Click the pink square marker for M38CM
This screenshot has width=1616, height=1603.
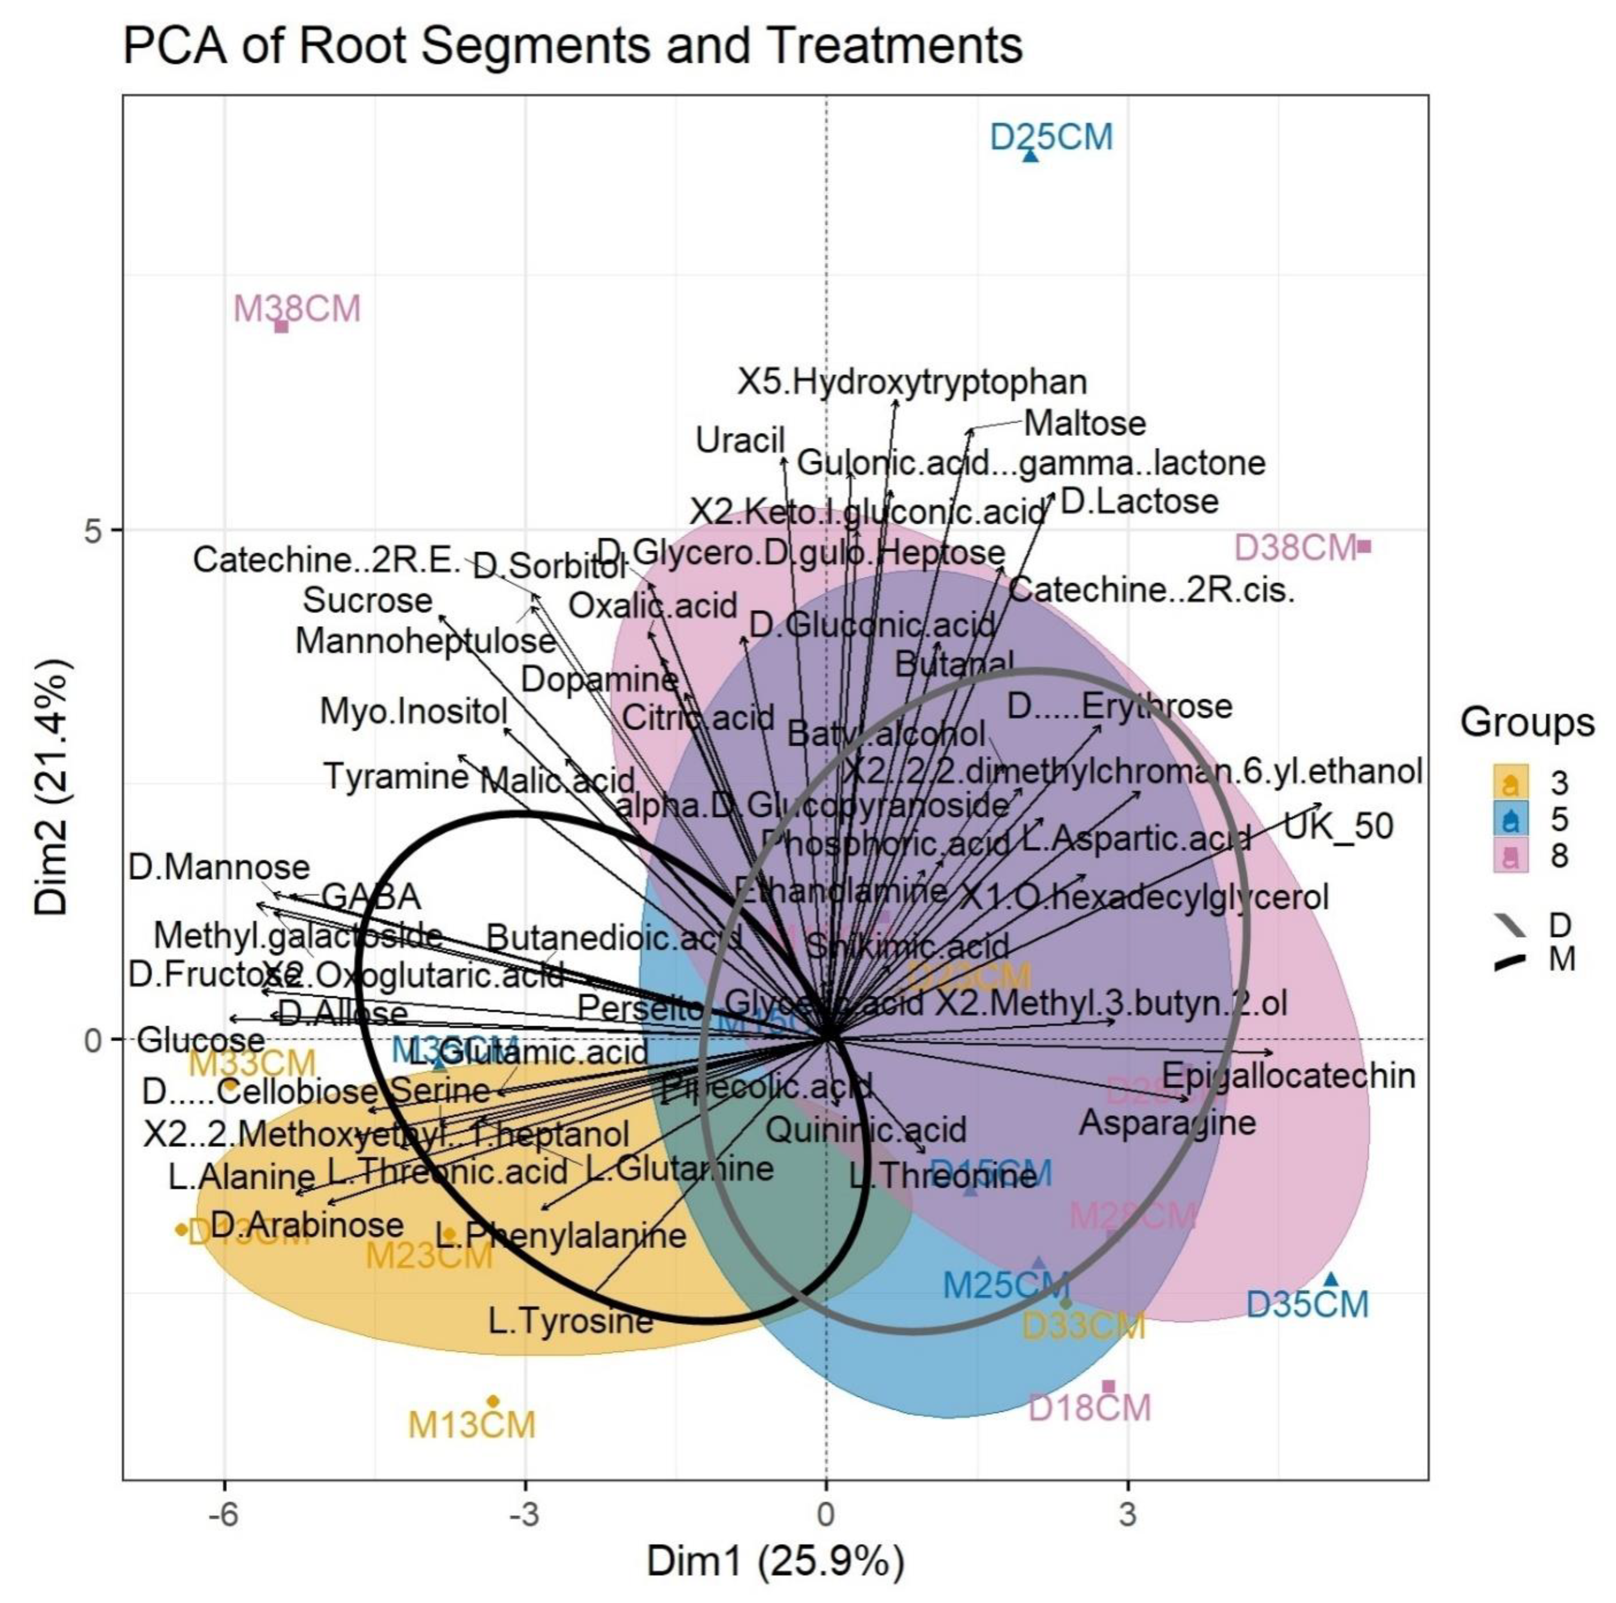(x=282, y=326)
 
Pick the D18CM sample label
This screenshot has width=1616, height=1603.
(x=1089, y=1407)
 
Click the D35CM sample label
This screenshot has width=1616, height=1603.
(x=1307, y=1305)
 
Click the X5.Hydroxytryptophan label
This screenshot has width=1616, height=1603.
(x=912, y=382)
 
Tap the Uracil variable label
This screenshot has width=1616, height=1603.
(x=740, y=440)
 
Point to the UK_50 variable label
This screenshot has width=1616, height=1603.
(x=1338, y=826)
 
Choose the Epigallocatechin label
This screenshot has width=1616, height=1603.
(x=1288, y=1076)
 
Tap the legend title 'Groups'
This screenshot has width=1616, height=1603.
(x=1527, y=722)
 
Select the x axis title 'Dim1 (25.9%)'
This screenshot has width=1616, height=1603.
(x=775, y=1561)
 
